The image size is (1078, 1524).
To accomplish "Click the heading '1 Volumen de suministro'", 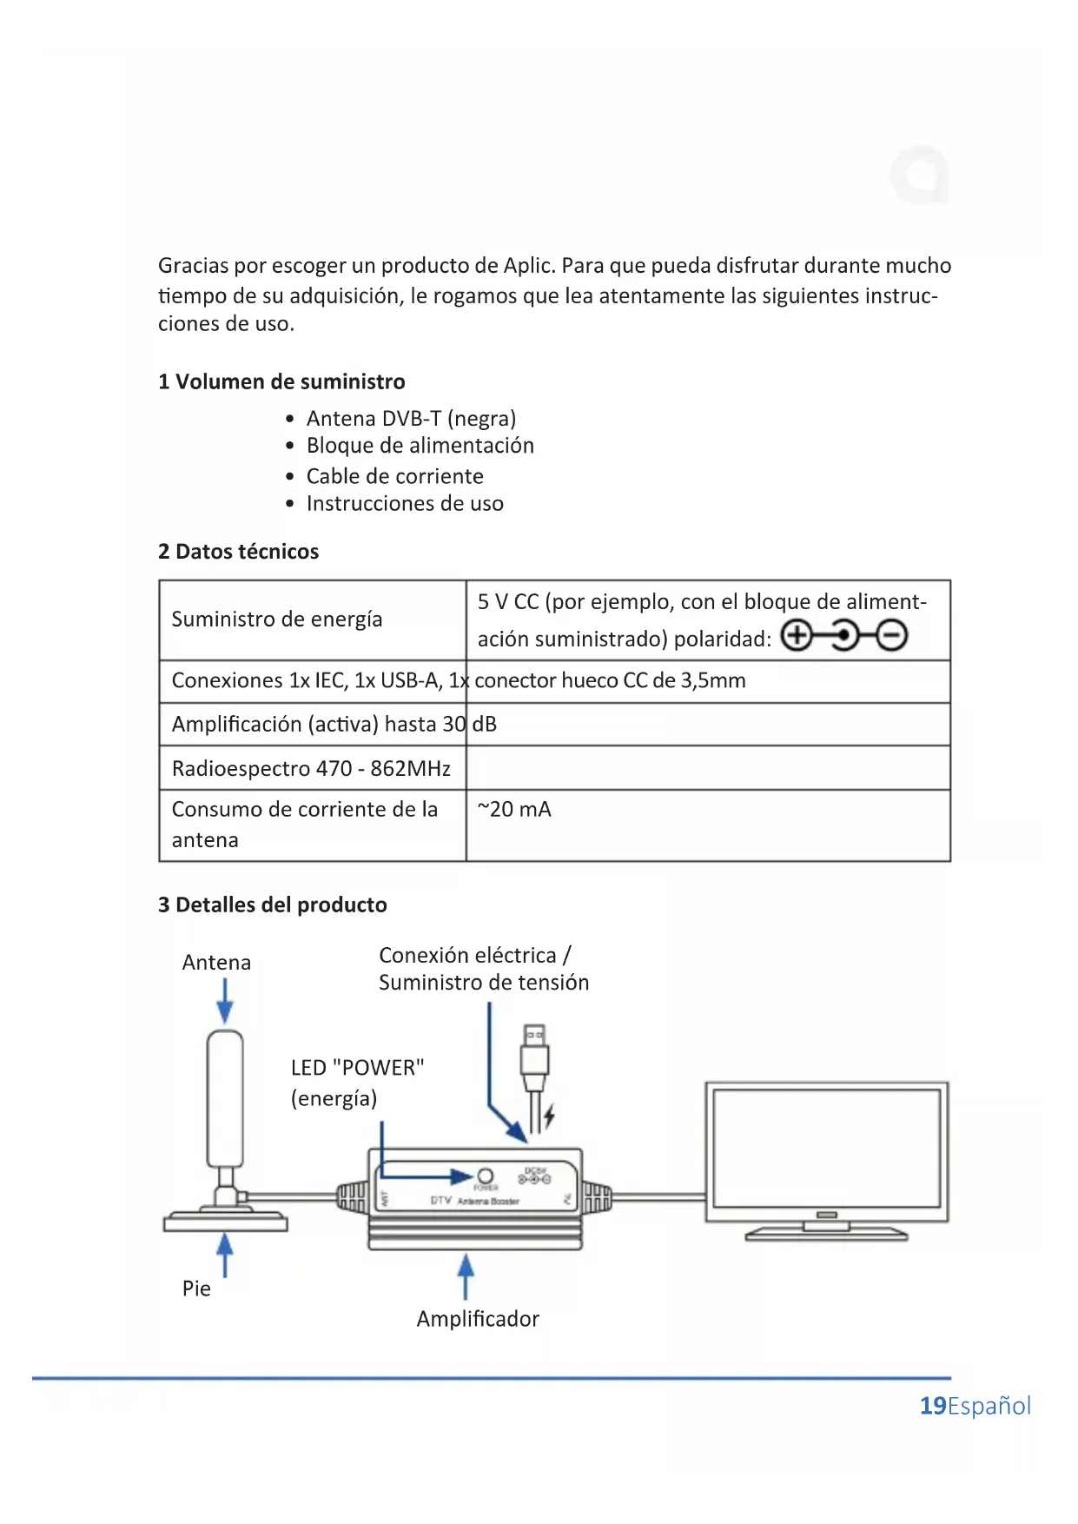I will point(281,381).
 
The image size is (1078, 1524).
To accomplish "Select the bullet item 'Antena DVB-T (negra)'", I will point(411,419).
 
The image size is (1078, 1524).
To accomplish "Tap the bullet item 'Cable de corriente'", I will point(394,476).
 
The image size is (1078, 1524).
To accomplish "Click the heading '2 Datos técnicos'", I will point(238,552).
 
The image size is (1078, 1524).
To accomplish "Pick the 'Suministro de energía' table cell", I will point(277,620).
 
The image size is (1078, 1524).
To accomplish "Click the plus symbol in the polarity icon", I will point(796,636).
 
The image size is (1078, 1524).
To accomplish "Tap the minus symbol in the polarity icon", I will point(891,636).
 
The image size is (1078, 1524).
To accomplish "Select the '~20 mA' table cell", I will point(514,810).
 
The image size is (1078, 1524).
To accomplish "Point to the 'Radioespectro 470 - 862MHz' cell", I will point(311,769).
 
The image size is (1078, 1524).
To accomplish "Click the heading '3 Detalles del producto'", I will point(272,905).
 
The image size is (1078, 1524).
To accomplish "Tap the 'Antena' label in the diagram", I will point(216,963).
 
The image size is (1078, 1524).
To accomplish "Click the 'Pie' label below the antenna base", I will point(196,1289).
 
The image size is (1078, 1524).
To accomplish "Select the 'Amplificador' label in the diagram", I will point(478,1319).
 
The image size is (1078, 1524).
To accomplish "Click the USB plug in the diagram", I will point(535,1056).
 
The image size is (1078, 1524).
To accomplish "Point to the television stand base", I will point(826,1233).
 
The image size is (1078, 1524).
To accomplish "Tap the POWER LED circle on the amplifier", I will point(486,1176).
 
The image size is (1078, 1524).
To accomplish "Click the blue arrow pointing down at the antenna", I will point(225,1002).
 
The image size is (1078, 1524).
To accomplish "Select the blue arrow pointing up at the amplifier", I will point(466,1276).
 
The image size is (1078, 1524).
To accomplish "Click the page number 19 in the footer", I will point(932,1406).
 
